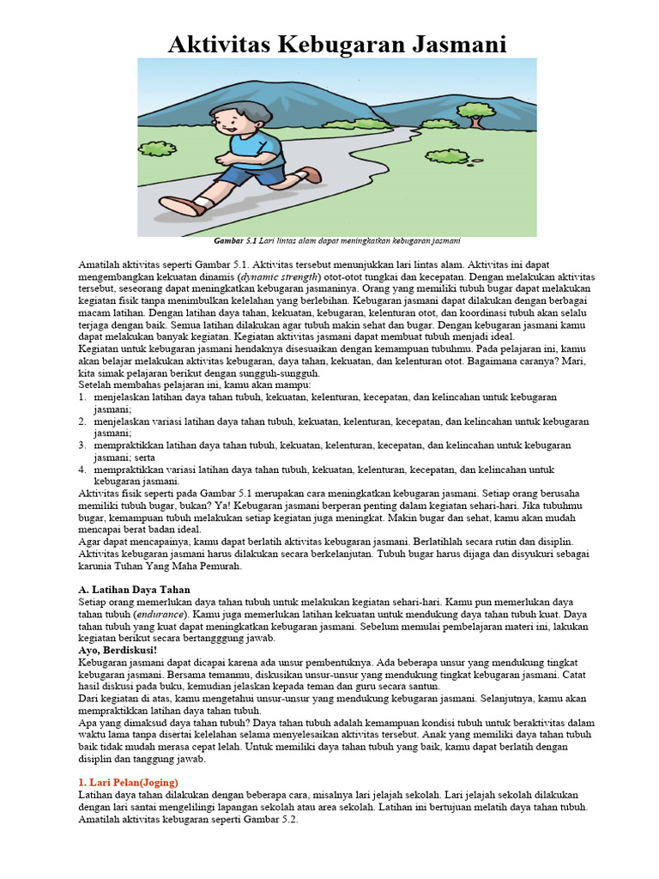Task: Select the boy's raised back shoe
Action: click(x=311, y=174)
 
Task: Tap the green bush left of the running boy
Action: click(x=157, y=149)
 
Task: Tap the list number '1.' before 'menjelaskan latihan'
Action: click(x=83, y=397)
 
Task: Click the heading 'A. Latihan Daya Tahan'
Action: click(x=134, y=590)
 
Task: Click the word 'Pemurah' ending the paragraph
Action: click(x=218, y=567)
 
